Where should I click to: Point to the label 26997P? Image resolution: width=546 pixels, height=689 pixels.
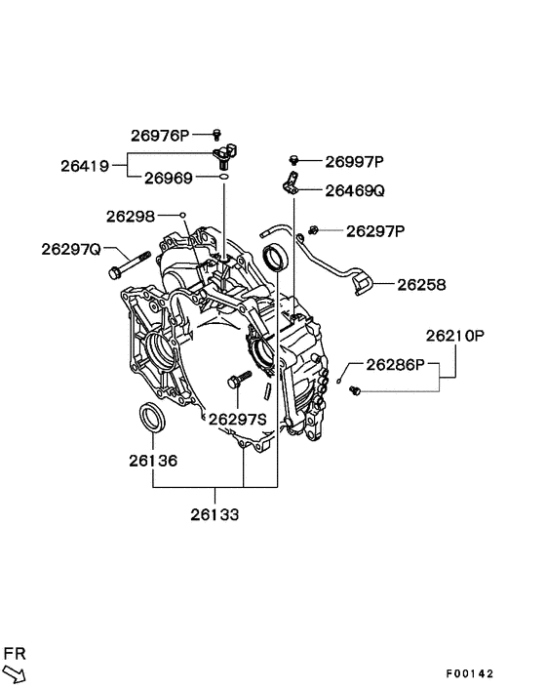pyautogui.click(x=355, y=161)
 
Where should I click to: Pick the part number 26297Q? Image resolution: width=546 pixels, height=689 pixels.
pyautogui.click(x=70, y=249)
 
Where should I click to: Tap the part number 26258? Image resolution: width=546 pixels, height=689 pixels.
pyautogui.click(x=421, y=285)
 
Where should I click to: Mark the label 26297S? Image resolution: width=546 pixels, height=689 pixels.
pyautogui.click(x=238, y=419)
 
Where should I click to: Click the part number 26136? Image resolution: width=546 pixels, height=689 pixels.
pyautogui.click(x=152, y=458)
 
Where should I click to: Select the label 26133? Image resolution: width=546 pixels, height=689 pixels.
pyautogui.click(x=214, y=513)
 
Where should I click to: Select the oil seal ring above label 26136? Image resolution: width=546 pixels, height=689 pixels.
pyautogui.click(x=152, y=417)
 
